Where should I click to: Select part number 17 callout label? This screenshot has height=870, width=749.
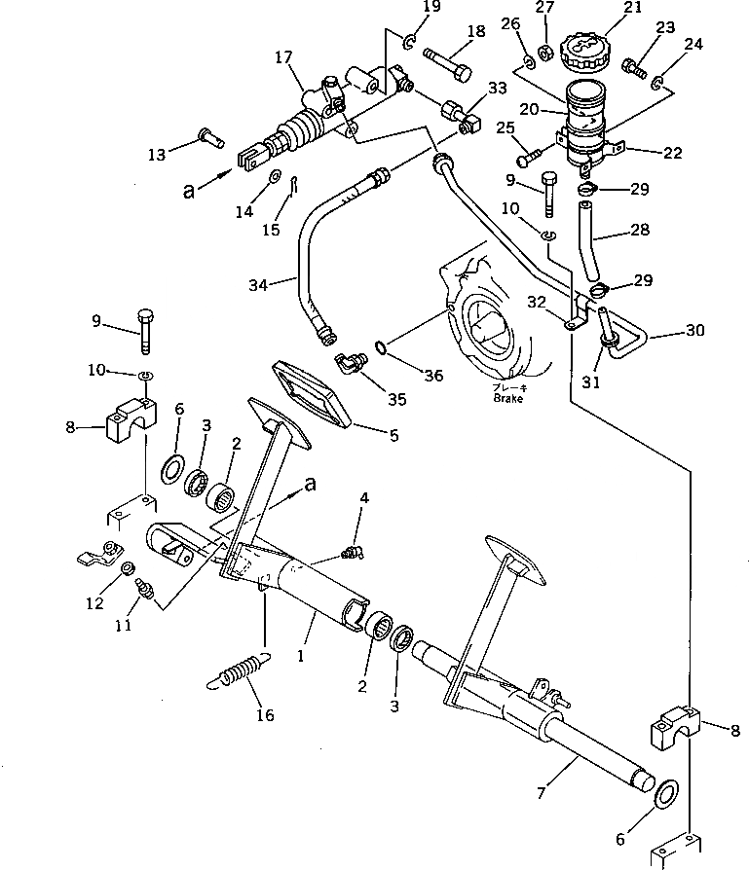(283, 58)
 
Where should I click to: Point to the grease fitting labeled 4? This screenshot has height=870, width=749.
(350, 554)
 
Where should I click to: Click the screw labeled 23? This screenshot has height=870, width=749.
(634, 68)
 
